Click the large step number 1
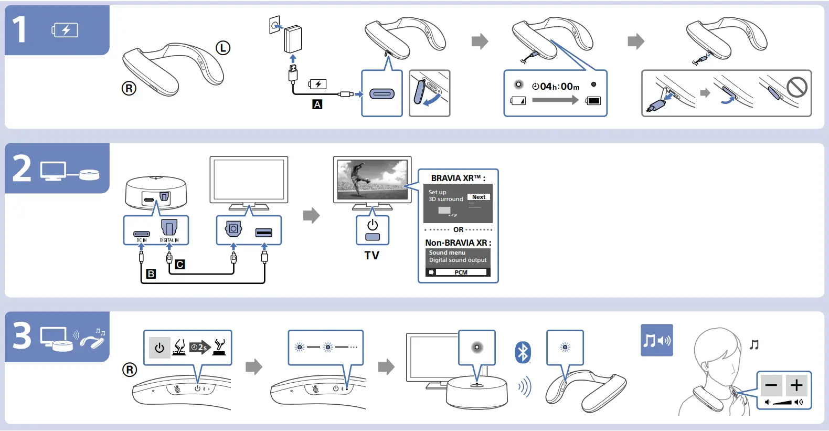tap(19, 29)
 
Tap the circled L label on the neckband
tap(223, 48)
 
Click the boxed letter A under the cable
tap(317, 104)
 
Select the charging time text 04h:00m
tap(559, 87)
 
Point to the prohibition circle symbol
tap(796, 87)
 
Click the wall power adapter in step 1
tap(293, 39)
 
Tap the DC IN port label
tap(142, 240)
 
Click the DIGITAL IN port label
tap(169, 240)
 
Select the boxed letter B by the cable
tap(151, 274)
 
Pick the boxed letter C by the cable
tap(180, 265)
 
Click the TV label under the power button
tap(372, 256)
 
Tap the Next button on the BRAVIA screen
tap(479, 197)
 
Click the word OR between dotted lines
tap(458, 230)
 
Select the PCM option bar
tap(461, 272)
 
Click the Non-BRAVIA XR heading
tap(458, 243)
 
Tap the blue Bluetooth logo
tap(523, 352)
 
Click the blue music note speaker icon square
tap(656, 340)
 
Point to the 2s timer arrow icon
tap(199, 347)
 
